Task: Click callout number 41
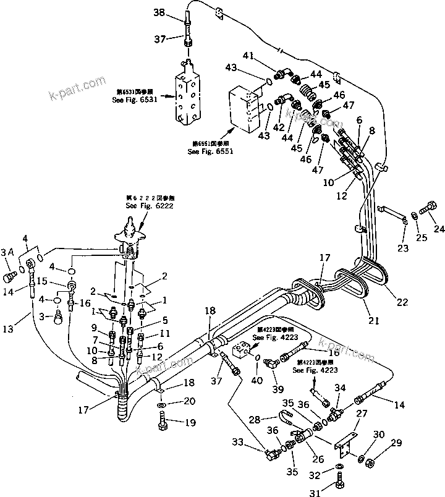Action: [x=247, y=56]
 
